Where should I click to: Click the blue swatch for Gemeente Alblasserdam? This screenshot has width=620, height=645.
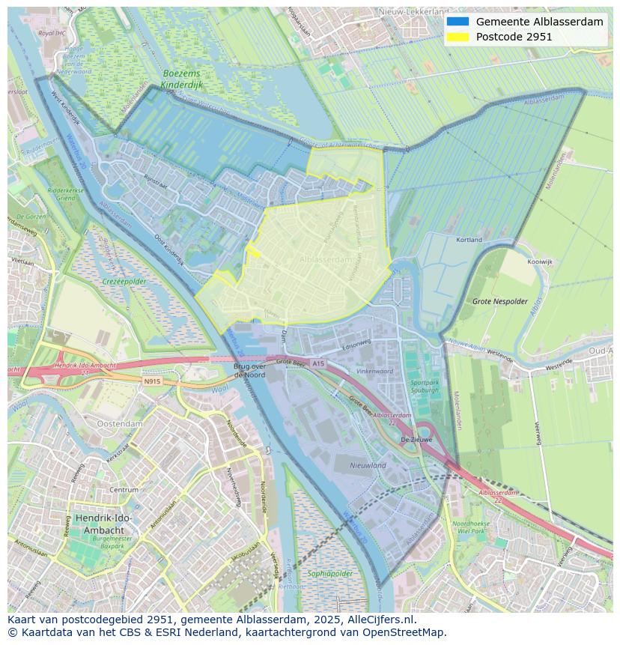[458, 22]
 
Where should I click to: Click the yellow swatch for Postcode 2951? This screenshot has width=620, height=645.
[458, 37]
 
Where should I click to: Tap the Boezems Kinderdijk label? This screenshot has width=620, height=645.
[182, 80]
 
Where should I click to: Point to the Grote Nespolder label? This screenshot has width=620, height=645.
[495, 301]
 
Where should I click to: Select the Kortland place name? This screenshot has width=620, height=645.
[469, 240]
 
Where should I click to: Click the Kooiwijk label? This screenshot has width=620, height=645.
[539, 263]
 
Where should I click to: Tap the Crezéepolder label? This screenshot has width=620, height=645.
[124, 282]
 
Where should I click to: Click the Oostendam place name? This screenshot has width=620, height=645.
[120, 423]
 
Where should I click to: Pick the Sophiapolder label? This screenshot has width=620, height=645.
[329, 574]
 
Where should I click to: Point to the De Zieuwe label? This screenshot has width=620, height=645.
[416, 440]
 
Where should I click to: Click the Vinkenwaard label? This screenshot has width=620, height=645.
[374, 371]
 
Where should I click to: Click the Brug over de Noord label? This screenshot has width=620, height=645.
[249, 370]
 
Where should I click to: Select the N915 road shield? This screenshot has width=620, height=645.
[152, 381]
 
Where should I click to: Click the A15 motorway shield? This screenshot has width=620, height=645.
[318, 363]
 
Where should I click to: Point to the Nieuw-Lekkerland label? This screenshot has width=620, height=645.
[413, 12]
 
